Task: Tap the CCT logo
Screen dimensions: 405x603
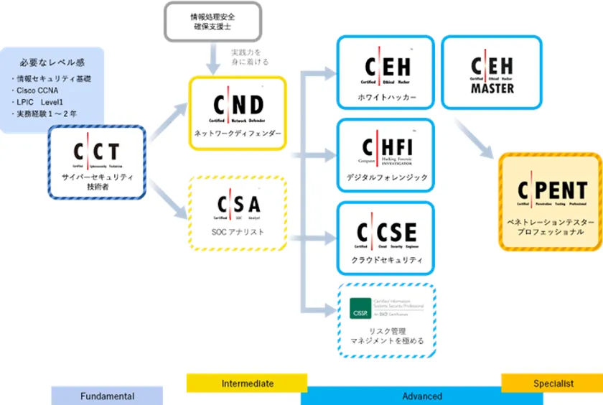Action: tap(97, 154)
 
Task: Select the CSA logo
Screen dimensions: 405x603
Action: tap(238, 205)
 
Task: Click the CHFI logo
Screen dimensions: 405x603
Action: tap(385, 149)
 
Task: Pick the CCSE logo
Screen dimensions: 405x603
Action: tap(386, 233)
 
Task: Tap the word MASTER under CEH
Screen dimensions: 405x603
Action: tap(492, 89)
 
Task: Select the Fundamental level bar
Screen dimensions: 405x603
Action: tap(107, 396)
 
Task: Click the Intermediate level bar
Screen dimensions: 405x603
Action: tap(247, 383)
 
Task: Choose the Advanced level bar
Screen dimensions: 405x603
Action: tap(421, 396)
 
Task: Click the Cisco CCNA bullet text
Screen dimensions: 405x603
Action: tap(39, 91)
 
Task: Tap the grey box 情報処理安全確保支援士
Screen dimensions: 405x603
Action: tap(212, 22)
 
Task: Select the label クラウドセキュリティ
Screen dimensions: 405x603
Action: tap(386, 260)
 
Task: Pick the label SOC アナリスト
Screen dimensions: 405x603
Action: tap(238, 232)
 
